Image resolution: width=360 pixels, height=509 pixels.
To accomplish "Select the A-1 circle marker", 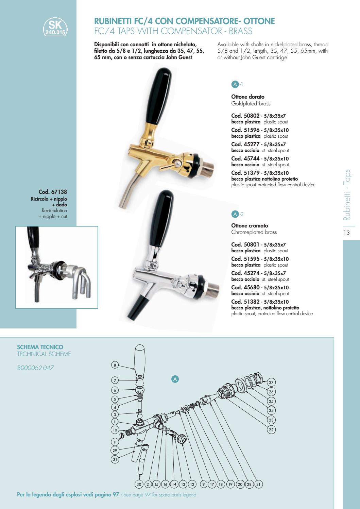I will click(235, 84).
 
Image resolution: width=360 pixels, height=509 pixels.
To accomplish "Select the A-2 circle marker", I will click(235, 214).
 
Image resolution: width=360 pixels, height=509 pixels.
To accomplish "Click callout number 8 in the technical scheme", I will click(115, 365).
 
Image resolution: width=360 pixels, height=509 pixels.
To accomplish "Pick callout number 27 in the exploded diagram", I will click(271, 382).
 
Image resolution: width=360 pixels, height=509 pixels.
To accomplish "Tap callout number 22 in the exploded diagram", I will click(271, 429).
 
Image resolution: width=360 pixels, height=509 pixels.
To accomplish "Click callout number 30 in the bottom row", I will click(139, 484).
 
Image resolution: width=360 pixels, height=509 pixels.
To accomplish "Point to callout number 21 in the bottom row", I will click(258, 484).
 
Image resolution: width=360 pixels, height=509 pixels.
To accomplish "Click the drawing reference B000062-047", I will click(35, 368).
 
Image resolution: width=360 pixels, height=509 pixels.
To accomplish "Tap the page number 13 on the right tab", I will click(346, 233).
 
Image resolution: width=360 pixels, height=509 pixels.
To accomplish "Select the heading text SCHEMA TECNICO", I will click(40, 347).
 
